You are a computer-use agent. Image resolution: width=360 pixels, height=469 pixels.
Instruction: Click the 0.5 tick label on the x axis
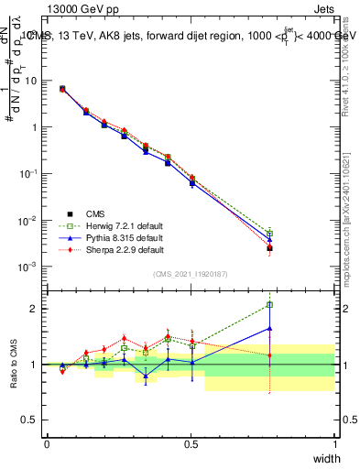click(191, 444)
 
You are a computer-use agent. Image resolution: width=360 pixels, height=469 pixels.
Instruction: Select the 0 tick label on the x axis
click(47, 444)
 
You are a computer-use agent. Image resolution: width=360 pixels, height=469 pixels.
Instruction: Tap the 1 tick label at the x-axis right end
click(335, 444)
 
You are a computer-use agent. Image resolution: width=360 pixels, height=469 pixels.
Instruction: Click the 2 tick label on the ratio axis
click(34, 309)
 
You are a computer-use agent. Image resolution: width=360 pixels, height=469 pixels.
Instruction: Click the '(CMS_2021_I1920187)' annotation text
click(191, 274)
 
